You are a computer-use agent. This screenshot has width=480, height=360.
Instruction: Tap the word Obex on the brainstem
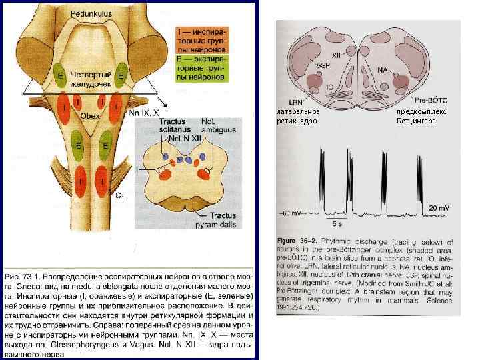point(90,115)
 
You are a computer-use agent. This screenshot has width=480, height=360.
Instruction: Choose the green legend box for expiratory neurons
point(201,69)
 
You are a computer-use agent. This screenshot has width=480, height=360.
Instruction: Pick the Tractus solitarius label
point(173,125)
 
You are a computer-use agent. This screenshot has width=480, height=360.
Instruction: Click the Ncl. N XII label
point(183,139)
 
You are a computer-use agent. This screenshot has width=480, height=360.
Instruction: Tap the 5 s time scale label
point(337,222)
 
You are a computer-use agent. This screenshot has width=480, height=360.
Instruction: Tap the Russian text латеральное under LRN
point(299,111)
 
